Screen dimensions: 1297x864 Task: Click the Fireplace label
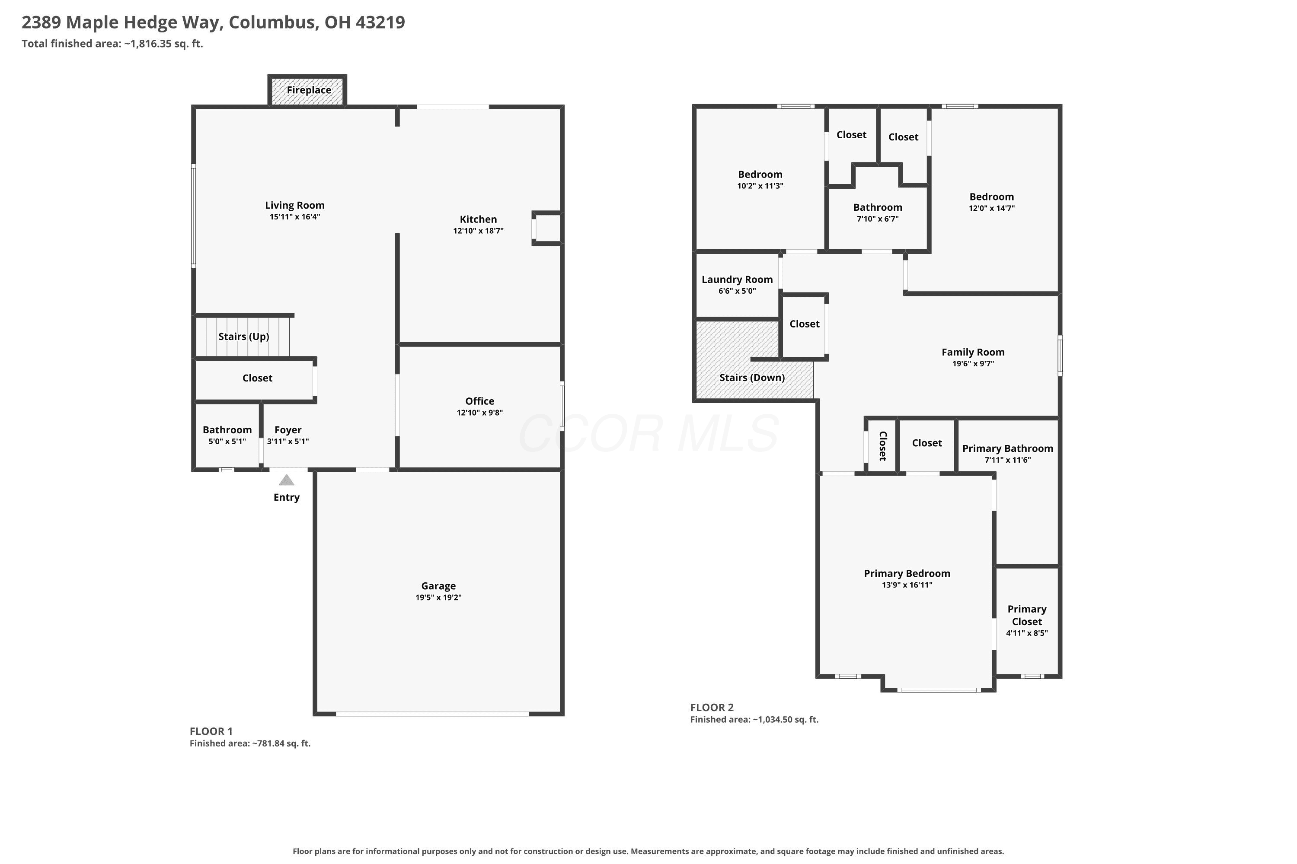click(309, 90)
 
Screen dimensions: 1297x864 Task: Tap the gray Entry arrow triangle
click(286, 480)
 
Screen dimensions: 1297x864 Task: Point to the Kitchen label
click(478, 219)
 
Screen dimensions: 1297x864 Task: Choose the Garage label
click(438, 586)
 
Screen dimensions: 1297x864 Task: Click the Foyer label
click(288, 430)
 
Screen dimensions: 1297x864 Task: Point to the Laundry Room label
click(737, 280)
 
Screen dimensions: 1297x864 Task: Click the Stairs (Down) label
click(752, 378)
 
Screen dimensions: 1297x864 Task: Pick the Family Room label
click(973, 352)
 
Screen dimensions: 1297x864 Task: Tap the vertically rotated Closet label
click(882, 446)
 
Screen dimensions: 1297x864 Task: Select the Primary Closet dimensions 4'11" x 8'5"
click(1026, 633)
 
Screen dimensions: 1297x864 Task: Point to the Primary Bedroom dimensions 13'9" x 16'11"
click(907, 585)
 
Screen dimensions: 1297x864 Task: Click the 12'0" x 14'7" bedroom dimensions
click(991, 208)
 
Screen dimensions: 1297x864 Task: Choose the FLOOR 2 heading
click(712, 708)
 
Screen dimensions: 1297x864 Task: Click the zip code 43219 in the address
click(380, 22)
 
